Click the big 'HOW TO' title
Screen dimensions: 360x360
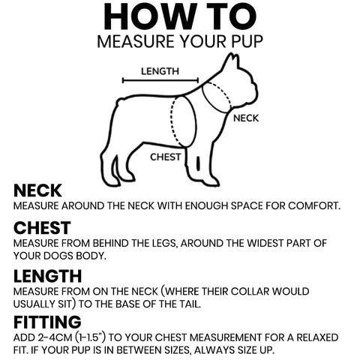(180, 16)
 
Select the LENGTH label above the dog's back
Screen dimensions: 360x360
(160, 71)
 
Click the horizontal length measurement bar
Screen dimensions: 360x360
(160, 80)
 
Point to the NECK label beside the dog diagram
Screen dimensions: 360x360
(246, 118)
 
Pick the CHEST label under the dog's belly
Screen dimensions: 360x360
(166, 157)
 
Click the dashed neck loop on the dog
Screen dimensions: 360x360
(217, 97)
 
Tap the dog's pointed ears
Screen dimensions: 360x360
(232, 60)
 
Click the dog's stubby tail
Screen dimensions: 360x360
(121, 102)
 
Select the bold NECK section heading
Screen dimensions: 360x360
(37, 190)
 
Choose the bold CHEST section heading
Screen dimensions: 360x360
(42, 228)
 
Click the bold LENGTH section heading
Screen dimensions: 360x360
(48, 276)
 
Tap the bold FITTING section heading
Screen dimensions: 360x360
(47, 322)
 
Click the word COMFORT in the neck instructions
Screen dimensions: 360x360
(314, 206)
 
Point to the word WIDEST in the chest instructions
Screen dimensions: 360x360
(265, 243)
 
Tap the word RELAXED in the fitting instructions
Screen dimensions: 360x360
(317, 337)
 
